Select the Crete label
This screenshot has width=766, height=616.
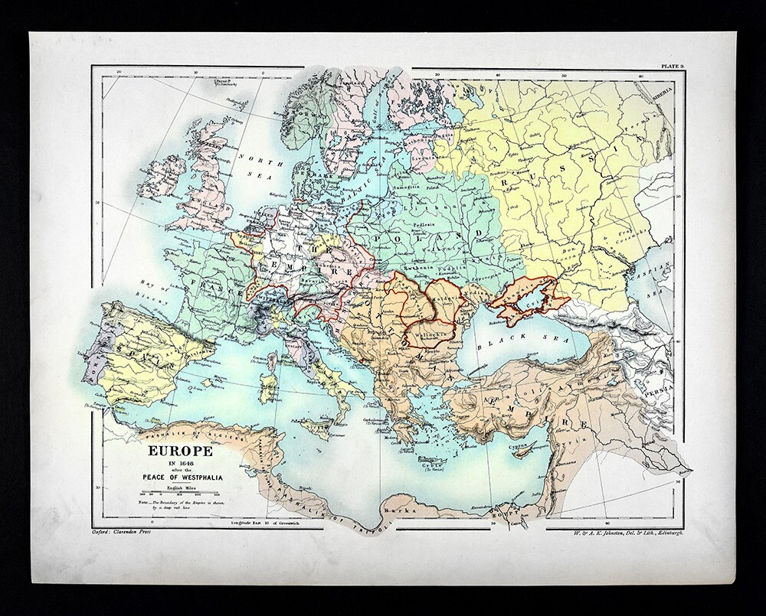(434, 465)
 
